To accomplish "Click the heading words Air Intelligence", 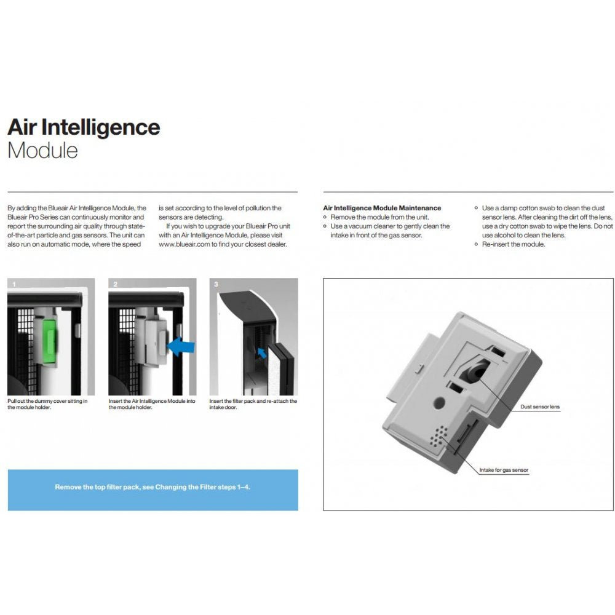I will point(84,127).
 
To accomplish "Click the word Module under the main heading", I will point(42,151).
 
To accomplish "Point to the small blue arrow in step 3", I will point(262,352).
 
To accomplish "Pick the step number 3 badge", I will point(215,284).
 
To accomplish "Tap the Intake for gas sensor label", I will point(504,470).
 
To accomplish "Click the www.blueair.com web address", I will point(185,244).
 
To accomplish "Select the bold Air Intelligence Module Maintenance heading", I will point(382,208).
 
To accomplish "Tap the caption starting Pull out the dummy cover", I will point(47,404).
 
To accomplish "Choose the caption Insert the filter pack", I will point(253,404).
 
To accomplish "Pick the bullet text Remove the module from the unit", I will point(379,217).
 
